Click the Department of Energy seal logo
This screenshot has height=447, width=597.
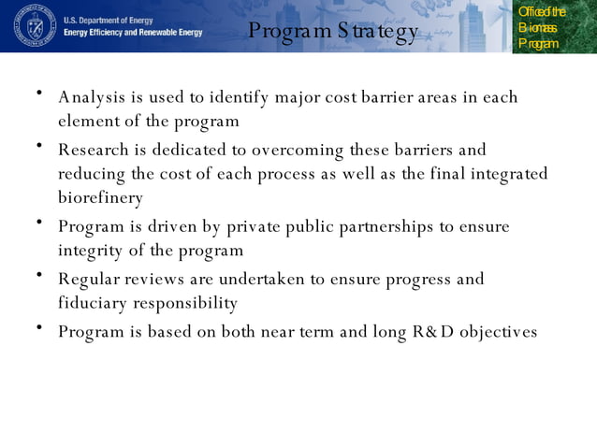(35, 25)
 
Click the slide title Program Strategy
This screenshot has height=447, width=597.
(333, 33)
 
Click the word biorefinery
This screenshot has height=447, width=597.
(100, 198)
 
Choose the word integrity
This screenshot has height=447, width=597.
(91, 251)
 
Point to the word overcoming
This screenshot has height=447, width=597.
(298, 150)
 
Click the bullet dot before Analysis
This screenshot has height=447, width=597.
(39, 94)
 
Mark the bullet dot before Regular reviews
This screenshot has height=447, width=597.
(39, 275)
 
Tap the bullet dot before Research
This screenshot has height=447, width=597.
(39, 146)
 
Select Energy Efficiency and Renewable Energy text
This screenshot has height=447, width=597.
(133, 32)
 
